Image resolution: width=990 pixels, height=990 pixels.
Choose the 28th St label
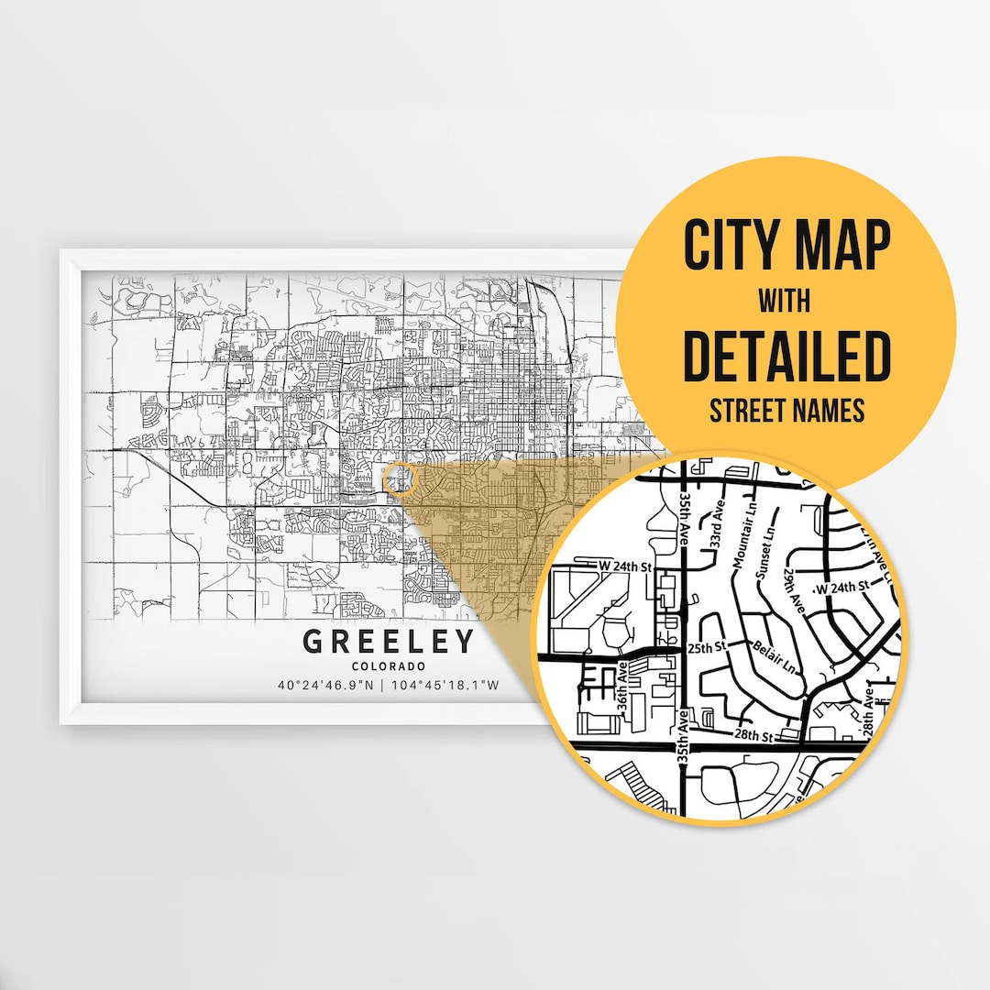(753, 735)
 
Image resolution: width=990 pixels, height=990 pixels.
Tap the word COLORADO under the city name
(389, 665)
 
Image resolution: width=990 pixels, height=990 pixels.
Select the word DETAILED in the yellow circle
(786, 356)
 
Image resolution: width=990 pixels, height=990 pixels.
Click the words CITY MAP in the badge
(786, 246)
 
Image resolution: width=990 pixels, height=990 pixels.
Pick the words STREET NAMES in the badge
(786, 410)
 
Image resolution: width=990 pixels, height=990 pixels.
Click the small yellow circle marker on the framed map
(400, 478)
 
